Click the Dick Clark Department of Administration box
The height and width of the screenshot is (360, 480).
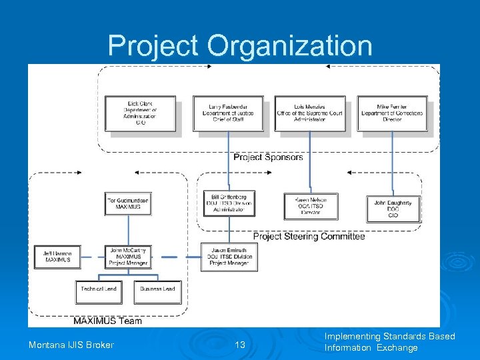[141, 113]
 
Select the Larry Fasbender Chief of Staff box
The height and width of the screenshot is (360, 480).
[228, 113]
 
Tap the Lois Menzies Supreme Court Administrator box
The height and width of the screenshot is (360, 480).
[310, 113]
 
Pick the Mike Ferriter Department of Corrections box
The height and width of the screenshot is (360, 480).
[392, 113]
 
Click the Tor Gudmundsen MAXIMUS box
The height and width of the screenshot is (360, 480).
[128, 204]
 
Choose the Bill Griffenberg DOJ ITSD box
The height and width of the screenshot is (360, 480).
[229, 203]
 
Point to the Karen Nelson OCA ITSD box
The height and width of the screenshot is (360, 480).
[311, 206]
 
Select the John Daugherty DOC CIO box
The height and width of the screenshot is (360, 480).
[393, 209]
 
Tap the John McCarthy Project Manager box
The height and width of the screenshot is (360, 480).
[128, 257]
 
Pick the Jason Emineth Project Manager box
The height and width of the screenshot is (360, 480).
[229, 257]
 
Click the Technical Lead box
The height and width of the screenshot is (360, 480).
[99, 291]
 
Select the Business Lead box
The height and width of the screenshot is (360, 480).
[158, 291]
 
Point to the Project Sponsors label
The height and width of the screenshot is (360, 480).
[268, 157]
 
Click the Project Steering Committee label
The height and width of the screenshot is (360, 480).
[309, 236]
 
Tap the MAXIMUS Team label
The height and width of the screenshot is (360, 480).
[107, 321]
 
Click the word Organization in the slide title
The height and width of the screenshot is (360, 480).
[289, 46]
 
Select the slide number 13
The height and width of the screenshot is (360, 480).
[241, 345]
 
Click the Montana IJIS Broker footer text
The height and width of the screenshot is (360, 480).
[71, 345]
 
